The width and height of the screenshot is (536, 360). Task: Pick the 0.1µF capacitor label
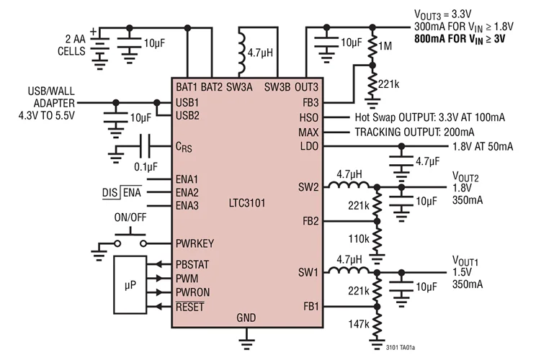coord(148,166)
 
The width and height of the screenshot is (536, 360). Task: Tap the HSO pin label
coord(308,117)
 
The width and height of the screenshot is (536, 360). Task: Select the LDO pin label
coord(308,147)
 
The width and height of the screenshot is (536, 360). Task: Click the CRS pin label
coord(185,148)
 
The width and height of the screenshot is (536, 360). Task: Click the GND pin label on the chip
coord(246,317)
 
